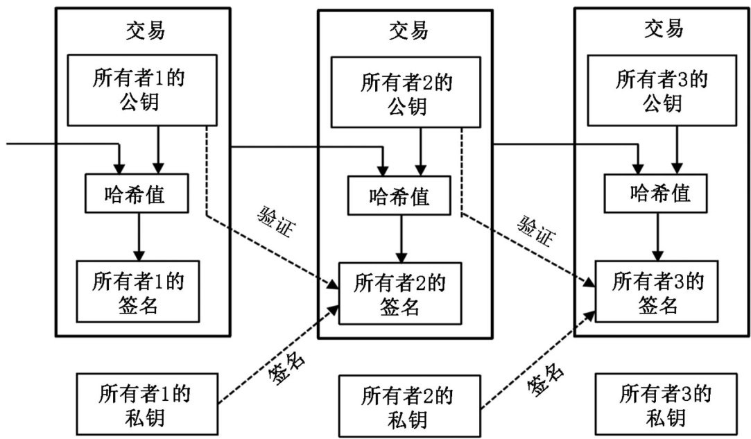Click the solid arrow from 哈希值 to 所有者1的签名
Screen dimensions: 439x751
[x=139, y=236]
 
